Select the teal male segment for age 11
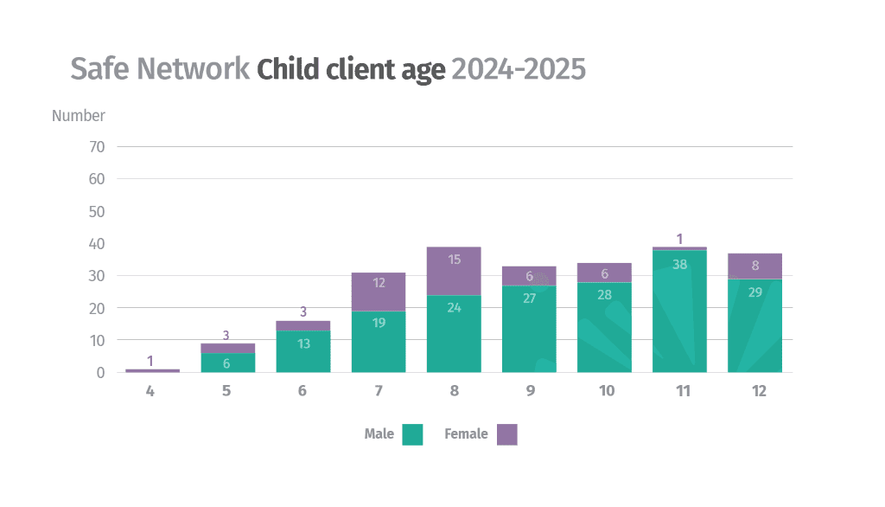680,311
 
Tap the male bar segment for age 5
227,363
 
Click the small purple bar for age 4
152,370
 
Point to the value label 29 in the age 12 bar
754,292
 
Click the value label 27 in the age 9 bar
529,298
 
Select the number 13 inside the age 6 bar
302,343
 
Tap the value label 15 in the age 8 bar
454,260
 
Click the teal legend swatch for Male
413,434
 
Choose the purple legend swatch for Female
507,434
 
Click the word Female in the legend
466,433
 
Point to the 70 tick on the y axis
97,147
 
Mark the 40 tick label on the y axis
97,244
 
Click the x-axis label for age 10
606,391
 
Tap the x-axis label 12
759,391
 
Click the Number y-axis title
78,115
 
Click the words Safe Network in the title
160,69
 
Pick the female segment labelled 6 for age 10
605,273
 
